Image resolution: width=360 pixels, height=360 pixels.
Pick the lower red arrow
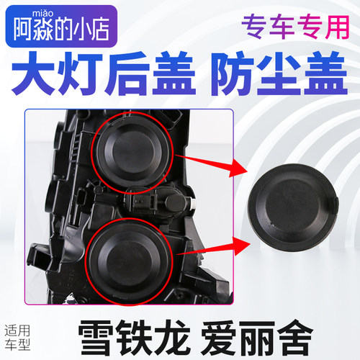(216, 247)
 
